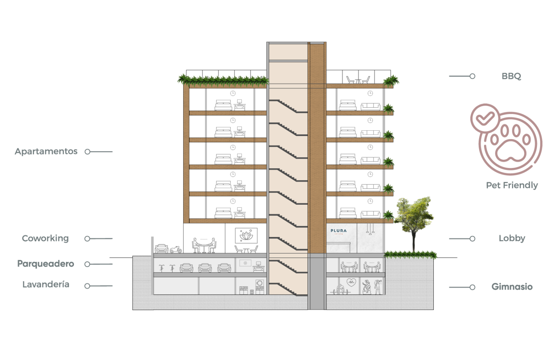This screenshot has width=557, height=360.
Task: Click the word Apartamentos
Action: tap(46, 151)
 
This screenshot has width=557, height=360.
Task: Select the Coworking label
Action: tap(45, 238)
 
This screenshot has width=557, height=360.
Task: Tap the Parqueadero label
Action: tap(45, 264)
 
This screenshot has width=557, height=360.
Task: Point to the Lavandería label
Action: tap(46, 285)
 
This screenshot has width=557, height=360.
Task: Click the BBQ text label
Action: tap(511, 76)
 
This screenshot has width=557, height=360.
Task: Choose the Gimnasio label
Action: tap(512, 287)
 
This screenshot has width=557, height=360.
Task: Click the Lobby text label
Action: tap(512, 238)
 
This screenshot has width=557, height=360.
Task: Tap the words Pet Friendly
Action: tap(512, 185)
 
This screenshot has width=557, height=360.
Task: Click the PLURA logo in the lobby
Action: tap(338, 231)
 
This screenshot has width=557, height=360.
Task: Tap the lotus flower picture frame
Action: tap(246, 236)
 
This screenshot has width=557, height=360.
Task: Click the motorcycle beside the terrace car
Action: tap(176, 249)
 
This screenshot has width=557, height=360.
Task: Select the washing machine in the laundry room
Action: tap(260, 283)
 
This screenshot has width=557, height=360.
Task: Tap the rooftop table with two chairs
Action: tap(358, 79)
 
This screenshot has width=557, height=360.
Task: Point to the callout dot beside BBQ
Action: tap(472, 76)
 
